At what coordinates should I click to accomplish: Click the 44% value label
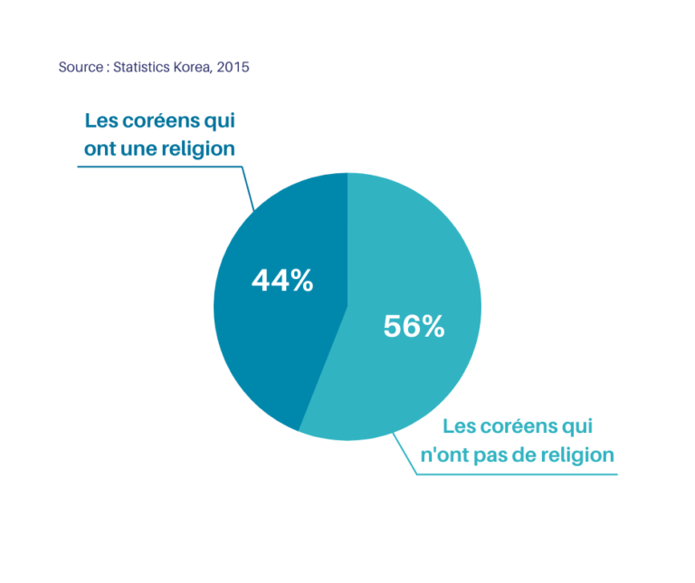(x=282, y=282)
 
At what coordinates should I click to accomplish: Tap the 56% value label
(x=414, y=326)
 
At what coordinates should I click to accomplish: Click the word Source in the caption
(x=81, y=67)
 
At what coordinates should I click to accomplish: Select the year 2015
(x=233, y=67)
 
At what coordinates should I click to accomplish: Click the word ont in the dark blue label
(x=100, y=148)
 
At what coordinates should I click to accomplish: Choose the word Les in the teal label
(x=459, y=426)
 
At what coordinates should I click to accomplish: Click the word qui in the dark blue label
(x=220, y=120)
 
